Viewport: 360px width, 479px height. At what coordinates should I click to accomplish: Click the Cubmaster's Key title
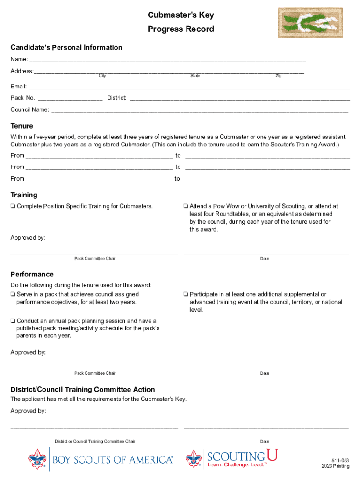(180, 15)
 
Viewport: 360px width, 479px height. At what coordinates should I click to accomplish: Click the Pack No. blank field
(70, 99)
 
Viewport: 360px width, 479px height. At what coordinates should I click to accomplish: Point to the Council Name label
(29, 109)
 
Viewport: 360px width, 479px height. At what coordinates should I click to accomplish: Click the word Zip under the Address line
(279, 76)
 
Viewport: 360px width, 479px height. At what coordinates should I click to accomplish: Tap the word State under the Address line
(195, 76)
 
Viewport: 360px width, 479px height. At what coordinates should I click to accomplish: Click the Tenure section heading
(22, 126)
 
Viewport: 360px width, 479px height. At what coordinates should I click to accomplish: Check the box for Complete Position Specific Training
(13, 206)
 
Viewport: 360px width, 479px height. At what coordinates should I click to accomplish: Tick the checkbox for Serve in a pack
(13, 295)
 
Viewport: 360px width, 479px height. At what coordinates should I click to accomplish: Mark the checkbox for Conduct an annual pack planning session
(13, 321)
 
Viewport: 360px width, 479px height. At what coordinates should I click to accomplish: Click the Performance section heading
(32, 274)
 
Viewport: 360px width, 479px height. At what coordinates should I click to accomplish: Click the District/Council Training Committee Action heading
(83, 390)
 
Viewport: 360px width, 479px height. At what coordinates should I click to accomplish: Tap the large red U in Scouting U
(272, 455)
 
